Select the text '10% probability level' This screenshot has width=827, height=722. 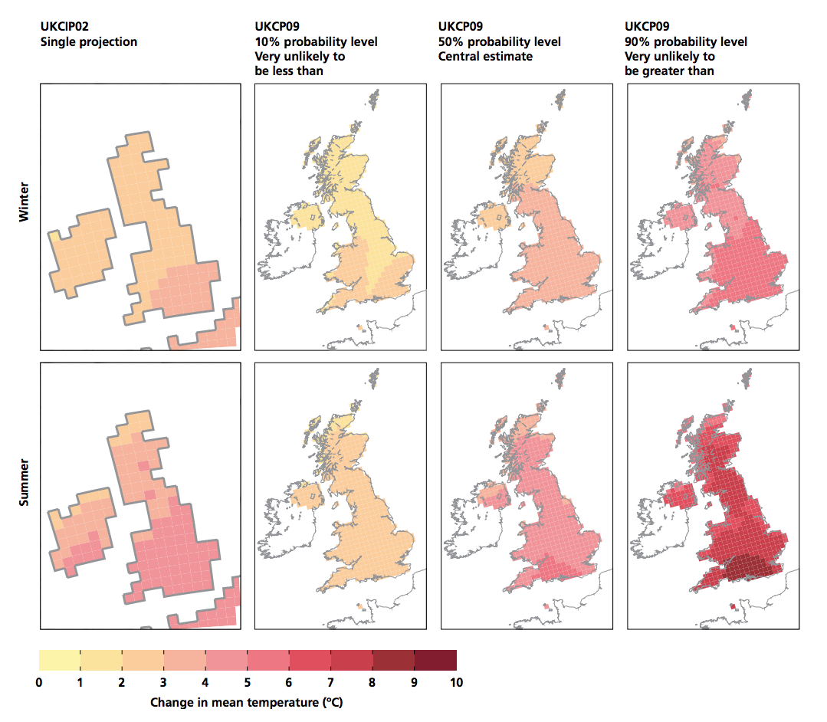[316, 41]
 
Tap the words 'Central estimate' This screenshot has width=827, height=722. [486, 56]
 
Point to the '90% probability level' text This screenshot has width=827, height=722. [686, 41]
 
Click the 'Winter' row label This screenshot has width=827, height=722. [24, 202]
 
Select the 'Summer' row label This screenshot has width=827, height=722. [24, 482]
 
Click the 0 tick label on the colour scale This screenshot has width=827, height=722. [39, 682]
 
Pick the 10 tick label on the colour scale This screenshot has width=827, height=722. [456, 682]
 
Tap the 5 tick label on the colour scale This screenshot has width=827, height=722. [248, 682]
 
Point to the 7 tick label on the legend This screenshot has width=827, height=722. [331, 682]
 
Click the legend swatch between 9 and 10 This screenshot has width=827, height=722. [435, 660]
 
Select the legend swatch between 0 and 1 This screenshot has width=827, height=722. [60, 660]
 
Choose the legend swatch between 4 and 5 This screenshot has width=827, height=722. [227, 660]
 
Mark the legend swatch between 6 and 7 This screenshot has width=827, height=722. [310, 660]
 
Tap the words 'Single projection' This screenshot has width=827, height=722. [88, 41]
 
